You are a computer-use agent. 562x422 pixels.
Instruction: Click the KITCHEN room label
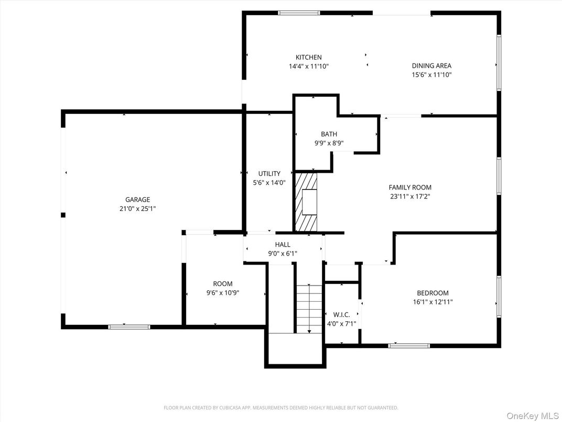[309, 57]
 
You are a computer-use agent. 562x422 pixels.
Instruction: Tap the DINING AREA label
[431, 66]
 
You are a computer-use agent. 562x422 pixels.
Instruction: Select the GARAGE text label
[138, 199]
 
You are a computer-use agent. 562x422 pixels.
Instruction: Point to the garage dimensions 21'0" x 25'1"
[138, 208]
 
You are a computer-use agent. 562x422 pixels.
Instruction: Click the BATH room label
[329, 134]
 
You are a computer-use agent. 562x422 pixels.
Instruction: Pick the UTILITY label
[269, 174]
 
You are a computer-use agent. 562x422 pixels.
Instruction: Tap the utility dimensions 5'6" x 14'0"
[269, 183]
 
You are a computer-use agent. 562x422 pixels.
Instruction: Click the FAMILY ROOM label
[410, 187]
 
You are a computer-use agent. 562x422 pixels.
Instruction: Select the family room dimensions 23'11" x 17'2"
[410, 196]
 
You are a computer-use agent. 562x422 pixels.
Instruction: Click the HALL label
[283, 245]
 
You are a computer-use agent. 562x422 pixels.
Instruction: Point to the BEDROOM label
[433, 293]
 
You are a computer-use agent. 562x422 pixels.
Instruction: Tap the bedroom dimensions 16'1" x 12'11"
[433, 302]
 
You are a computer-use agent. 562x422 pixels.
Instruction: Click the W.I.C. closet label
[342, 315]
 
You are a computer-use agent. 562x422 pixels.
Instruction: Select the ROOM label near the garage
[223, 284]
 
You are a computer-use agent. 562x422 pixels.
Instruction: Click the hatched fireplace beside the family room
[306, 202]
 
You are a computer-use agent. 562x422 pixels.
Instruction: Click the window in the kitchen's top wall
[299, 13]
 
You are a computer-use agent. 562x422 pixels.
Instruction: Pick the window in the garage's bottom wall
[129, 327]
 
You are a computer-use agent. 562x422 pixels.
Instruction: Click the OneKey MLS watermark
[533, 416]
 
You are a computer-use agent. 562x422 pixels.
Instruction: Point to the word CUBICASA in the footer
[231, 408]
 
